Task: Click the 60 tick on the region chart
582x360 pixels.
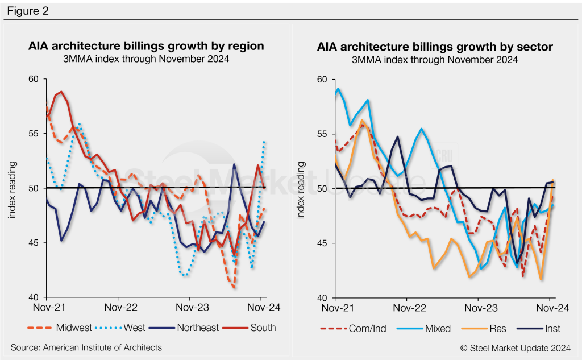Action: (35, 78)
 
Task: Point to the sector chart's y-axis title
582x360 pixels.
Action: (302, 188)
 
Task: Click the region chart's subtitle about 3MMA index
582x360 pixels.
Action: (146, 59)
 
